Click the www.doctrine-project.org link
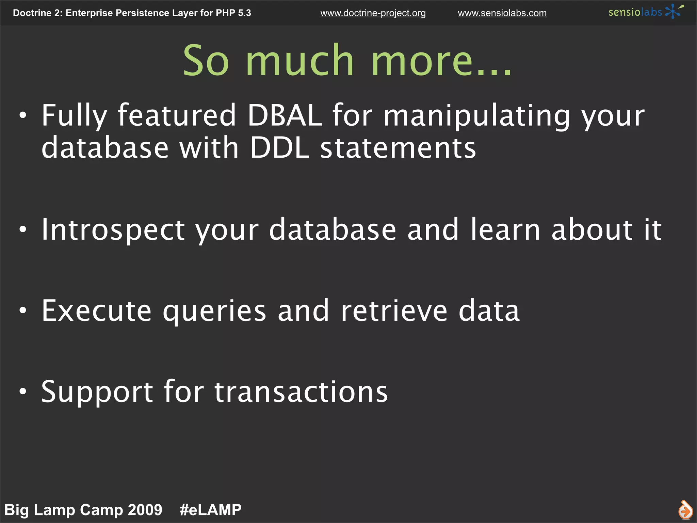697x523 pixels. pos(373,13)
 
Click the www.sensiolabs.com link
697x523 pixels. pos(502,13)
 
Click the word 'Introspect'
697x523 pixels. pos(113,230)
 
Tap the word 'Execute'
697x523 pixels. pos(96,311)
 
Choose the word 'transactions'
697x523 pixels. pos(301,392)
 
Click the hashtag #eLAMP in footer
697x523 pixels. pos(210,510)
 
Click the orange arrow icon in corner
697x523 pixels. pos(685,510)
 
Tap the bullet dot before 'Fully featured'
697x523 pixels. pos(23,115)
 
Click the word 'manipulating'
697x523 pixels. pos(476,116)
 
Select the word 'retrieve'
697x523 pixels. pos(394,311)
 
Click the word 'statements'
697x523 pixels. pos(398,148)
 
